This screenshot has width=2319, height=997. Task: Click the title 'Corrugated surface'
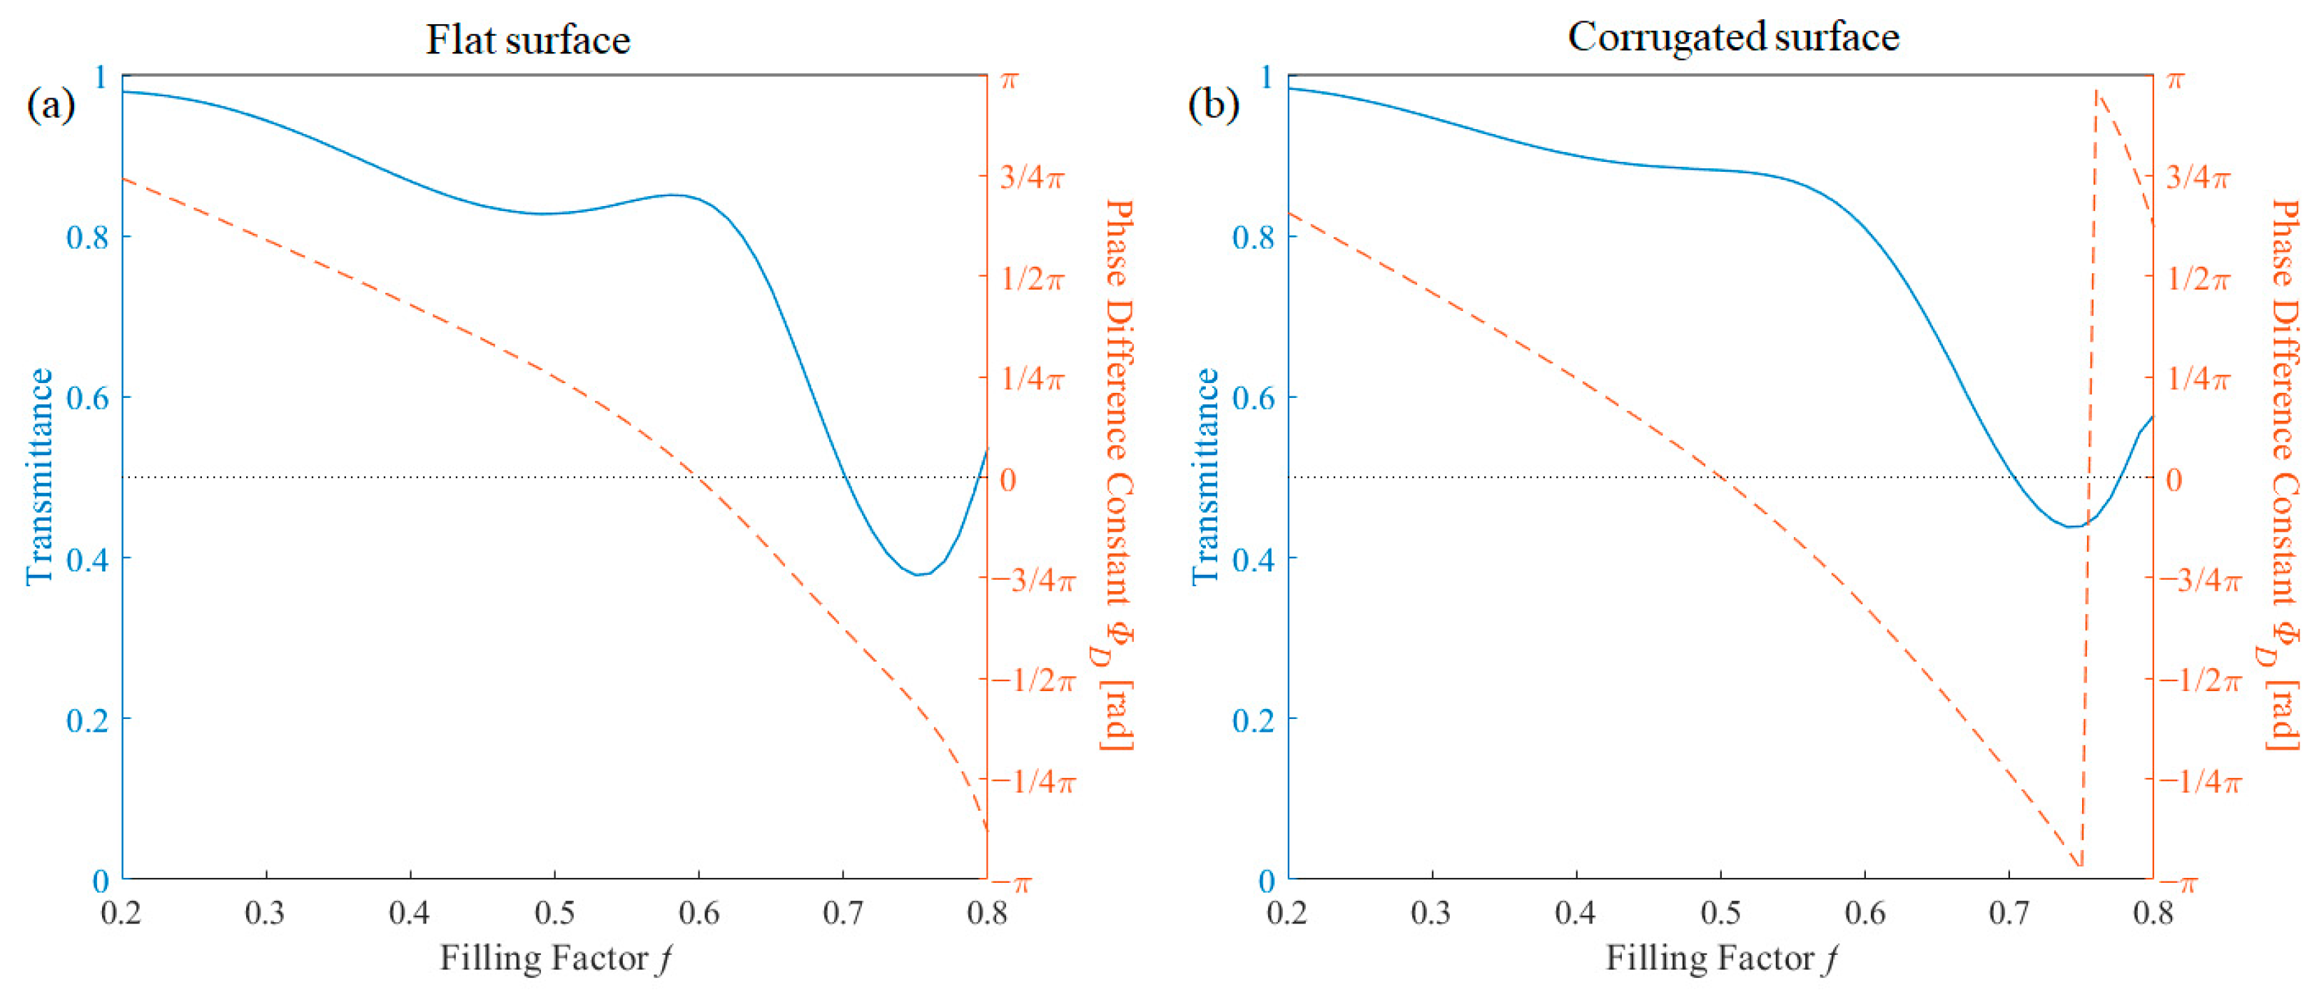click(1733, 38)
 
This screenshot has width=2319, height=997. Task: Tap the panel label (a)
click(51, 106)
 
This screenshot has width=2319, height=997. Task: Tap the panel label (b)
click(1214, 106)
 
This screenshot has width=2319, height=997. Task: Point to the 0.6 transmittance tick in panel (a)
click(87, 399)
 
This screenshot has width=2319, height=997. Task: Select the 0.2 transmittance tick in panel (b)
click(1253, 720)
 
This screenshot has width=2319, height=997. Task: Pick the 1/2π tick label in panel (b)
click(2198, 279)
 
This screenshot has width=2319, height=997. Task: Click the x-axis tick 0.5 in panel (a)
click(554, 914)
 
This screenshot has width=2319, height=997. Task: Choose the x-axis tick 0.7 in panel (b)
click(2009, 914)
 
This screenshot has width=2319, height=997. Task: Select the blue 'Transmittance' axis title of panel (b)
click(1205, 477)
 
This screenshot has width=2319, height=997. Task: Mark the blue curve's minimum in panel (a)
click(918, 574)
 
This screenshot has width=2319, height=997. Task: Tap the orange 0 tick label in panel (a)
click(1008, 480)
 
